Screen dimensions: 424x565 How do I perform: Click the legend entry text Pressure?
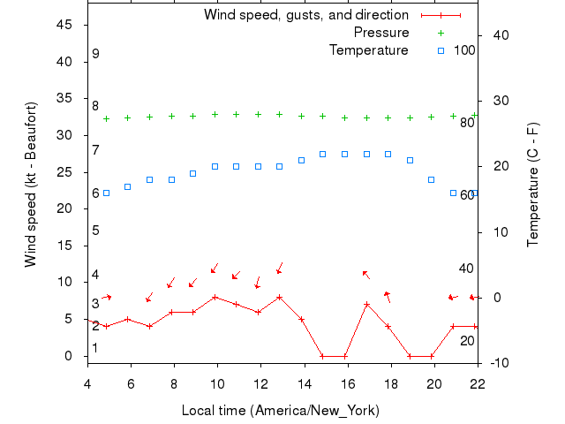381,33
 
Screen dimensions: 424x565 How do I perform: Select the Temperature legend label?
368,50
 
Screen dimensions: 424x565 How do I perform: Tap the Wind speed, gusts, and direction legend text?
305,15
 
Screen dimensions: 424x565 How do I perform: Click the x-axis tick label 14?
304,382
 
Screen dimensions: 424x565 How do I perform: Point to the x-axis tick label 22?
477,382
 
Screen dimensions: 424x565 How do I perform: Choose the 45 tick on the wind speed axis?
64,25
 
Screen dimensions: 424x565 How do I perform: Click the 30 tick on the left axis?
64,135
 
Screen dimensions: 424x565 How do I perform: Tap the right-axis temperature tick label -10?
497,363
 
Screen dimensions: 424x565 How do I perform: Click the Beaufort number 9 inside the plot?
95,54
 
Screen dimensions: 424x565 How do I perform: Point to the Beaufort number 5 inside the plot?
95,231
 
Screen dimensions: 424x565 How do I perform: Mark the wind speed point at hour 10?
215,297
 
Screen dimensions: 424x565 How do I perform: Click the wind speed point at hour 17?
366,304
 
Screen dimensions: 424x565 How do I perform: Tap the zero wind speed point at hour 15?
323,356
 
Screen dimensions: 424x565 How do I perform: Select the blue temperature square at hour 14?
301,160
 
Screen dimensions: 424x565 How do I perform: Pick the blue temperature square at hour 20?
431,179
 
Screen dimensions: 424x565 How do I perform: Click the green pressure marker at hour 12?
258,114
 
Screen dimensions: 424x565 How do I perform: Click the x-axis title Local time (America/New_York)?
280,411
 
